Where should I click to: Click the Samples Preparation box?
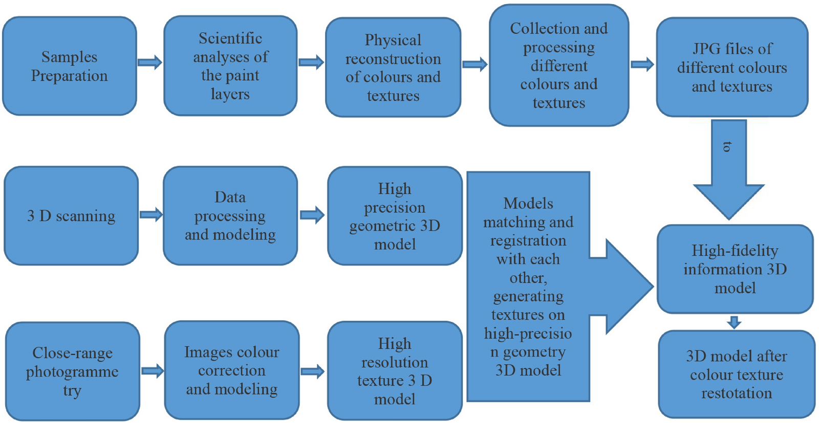[x=70, y=66]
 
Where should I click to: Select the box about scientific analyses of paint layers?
[x=230, y=66]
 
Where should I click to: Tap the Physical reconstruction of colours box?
[x=393, y=68]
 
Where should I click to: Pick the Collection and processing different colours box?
[x=559, y=65]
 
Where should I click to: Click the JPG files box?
[x=732, y=68]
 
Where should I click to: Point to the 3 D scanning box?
[x=71, y=216]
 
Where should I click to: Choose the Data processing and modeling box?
[x=230, y=216]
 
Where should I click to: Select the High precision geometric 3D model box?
[x=395, y=216]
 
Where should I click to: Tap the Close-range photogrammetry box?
[x=72, y=371]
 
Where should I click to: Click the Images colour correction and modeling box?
[x=231, y=370]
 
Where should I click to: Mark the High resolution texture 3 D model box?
[x=395, y=371]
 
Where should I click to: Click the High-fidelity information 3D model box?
[x=735, y=269]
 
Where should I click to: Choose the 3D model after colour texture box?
[x=737, y=374]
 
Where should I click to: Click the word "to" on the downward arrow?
[x=727, y=147]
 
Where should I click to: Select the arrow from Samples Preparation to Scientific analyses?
[x=150, y=62]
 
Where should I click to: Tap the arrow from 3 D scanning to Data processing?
[x=151, y=215]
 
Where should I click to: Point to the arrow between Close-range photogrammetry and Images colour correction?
[x=153, y=371]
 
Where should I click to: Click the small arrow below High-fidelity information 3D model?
[x=735, y=322]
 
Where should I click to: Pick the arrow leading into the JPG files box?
[x=642, y=64]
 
